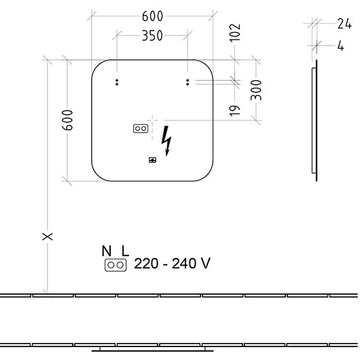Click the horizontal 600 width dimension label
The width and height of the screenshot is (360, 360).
(152, 16)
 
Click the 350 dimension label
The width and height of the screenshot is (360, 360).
(152, 35)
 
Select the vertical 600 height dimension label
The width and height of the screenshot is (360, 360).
(68, 120)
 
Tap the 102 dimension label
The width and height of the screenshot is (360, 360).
(235, 33)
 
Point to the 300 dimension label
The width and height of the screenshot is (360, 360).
(256, 90)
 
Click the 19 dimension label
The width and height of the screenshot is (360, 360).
(235, 111)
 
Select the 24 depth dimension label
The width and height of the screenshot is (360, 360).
(344, 24)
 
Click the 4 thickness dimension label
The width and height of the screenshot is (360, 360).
(341, 46)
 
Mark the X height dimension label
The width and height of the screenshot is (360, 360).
(48, 236)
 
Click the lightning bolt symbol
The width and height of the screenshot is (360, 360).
(166, 141)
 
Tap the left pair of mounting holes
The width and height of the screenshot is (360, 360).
(117, 82)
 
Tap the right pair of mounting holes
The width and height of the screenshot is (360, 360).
(187, 82)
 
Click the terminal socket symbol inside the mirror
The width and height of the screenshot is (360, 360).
(141, 128)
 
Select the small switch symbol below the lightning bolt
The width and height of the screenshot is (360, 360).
(152, 160)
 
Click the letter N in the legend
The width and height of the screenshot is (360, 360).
(107, 251)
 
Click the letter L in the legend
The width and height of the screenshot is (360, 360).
(125, 251)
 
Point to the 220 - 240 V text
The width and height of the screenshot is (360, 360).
(172, 263)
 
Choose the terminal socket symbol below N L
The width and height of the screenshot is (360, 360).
(115, 265)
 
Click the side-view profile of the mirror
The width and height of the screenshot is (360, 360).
(315, 120)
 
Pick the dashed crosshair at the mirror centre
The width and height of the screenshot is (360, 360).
(152, 120)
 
